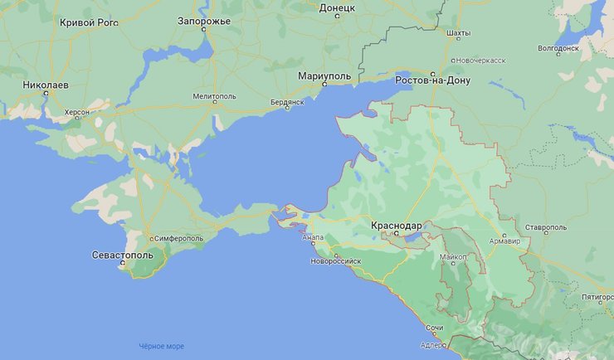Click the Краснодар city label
[x=397, y=225]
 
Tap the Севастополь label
[x=123, y=255]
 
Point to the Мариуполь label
[x=324, y=76]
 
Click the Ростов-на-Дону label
[x=433, y=80]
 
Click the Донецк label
[x=337, y=7]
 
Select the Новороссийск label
[x=336, y=260]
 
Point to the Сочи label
[x=422, y=328]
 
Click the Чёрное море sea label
[x=161, y=346]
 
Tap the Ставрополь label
[x=545, y=226]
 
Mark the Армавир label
[x=504, y=241]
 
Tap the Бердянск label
[x=289, y=102]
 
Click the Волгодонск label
[x=558, y=48]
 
